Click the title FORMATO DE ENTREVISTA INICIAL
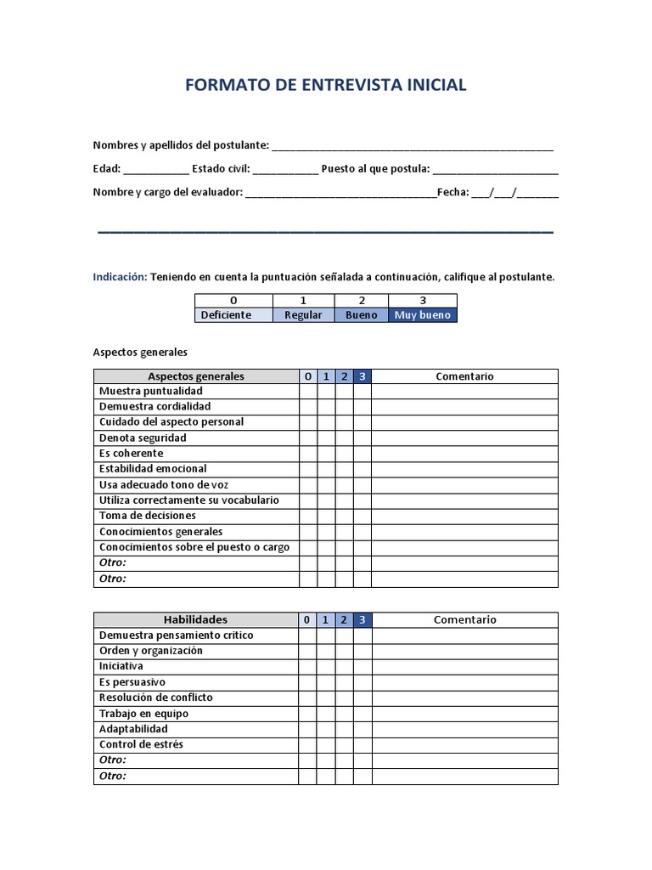325,85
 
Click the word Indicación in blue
120,277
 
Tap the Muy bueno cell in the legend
423,314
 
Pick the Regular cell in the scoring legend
303,314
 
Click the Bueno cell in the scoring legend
362,314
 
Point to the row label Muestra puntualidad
150,391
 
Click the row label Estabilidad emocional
153,468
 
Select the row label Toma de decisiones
147,515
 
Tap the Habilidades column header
195,619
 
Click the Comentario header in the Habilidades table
464,619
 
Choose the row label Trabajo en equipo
143,714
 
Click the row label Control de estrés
141,744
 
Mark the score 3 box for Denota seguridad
363,438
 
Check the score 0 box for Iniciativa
307,666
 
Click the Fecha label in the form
452,192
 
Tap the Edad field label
106,168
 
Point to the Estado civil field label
221,168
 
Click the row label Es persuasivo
132,682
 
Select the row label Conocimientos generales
160,531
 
